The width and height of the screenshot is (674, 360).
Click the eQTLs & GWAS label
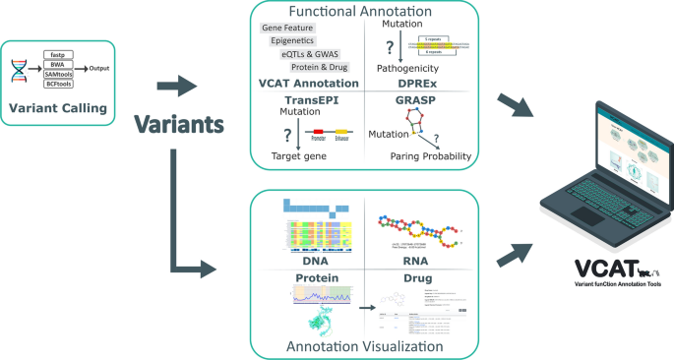click(x=308, y=55)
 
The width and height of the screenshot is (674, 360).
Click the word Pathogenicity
click(x=407, y=69)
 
